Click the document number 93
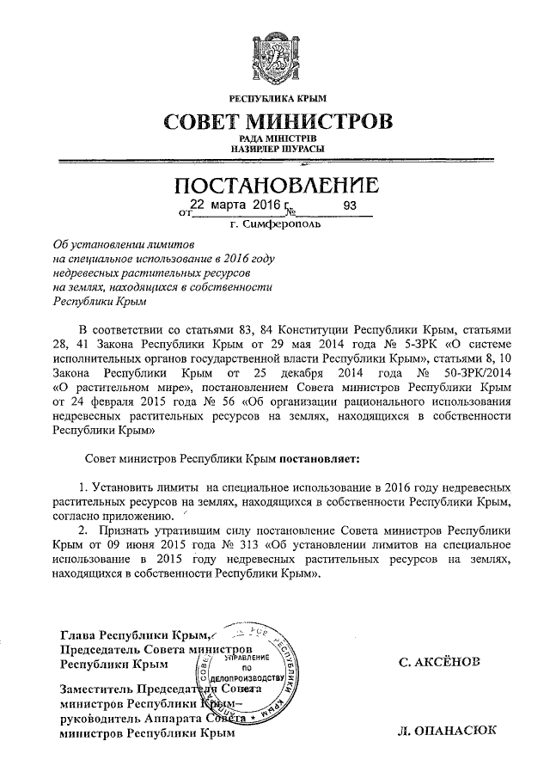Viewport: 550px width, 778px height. coord(349,206)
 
